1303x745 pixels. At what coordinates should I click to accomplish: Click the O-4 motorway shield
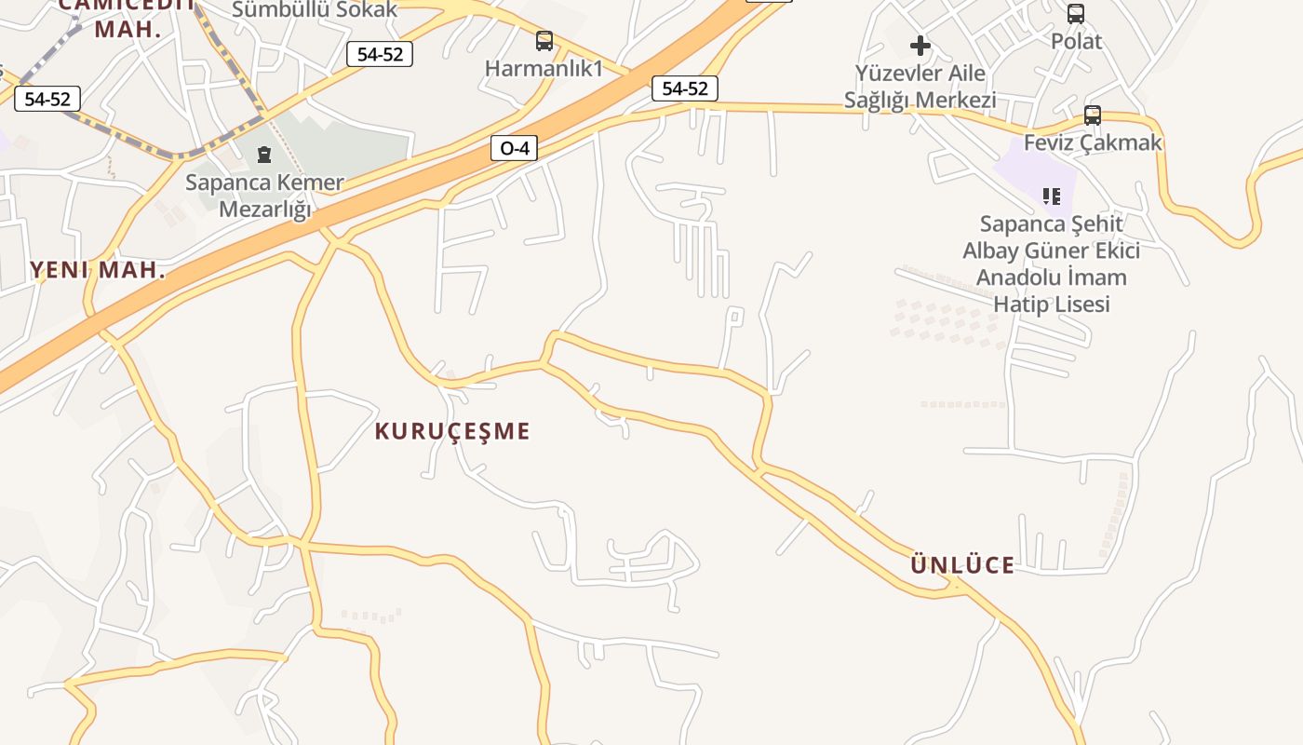(514, 147)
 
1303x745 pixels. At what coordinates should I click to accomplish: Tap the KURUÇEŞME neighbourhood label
(452, 431)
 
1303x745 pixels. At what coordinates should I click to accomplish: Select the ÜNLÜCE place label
(962, 565)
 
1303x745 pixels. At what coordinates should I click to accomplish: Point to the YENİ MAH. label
(98, 271)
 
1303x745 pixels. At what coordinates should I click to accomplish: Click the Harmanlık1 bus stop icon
(544, 41)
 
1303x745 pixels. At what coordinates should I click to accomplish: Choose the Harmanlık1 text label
(544, 68)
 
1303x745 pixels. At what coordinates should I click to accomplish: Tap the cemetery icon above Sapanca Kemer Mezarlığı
(264, 155)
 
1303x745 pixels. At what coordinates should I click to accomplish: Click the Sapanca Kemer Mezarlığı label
(264, 196)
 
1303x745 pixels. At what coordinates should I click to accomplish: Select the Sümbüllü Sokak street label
(315, 10)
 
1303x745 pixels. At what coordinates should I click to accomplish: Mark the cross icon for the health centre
(920, 45)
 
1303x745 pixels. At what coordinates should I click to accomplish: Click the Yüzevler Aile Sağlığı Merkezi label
(920, 87)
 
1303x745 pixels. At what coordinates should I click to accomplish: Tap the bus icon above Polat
(1076, 14)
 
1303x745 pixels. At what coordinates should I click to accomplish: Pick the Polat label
(1076, 41)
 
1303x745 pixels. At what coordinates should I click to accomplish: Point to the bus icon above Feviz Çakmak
(1093, 115)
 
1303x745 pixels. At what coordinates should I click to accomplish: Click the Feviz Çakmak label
(1093, 142)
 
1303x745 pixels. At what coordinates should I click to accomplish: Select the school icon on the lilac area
(1052, 196)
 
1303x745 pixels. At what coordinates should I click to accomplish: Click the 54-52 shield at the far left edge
(47, 99)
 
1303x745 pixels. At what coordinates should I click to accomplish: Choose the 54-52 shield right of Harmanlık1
(685, 88)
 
